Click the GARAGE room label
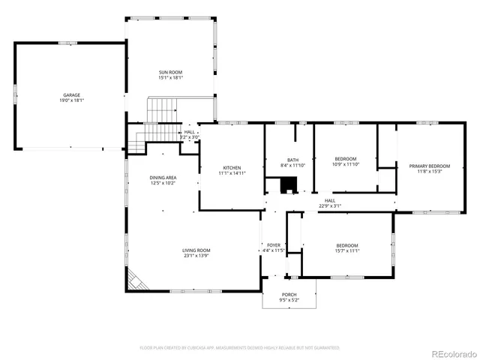coord(71,95)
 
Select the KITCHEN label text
coord(232,167)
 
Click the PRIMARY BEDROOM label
coord(429,166)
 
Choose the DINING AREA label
coord(163,177)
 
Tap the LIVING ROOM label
coord(196,250)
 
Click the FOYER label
coord(274,245)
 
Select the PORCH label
coord(289,295)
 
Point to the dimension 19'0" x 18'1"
coord(71,100)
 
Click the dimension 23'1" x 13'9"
coord(196,256)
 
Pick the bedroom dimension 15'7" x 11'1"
coord(347,250)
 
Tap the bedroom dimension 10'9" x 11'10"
coord(346,164)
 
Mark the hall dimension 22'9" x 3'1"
coord(330,205)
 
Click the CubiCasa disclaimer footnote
coord(240,348)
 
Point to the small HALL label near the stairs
coord(189,132)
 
